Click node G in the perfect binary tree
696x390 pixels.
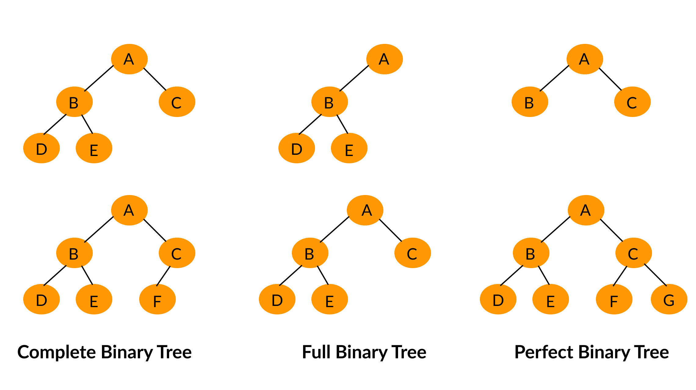click(x=669, y=299)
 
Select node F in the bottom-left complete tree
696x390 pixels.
click(x=158, y=299)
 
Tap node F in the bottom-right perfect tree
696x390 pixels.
click(x=614, y=299)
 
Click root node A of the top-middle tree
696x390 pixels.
click(x=384, y=59)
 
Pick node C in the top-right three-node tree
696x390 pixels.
click(x=632, y=102)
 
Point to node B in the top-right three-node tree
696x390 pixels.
click(x=530, y=102)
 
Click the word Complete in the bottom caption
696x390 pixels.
click(x=57, y=352)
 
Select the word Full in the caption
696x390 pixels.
click(x=316, y=352)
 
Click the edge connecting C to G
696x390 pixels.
click(x=655, y=275)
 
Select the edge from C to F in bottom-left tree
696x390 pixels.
click(x=163, y=276)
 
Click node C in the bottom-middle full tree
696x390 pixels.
click(x=412, y=253)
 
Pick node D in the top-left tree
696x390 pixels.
click(x=42, y=148)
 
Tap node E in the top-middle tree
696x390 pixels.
click(x=349, y=148)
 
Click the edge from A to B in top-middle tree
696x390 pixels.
click(x=354, y=78)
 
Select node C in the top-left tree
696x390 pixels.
click(x=177, y=102)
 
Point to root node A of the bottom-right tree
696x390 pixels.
click(x=586, y=210)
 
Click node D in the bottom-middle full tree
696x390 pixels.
click(x=277, y=299)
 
